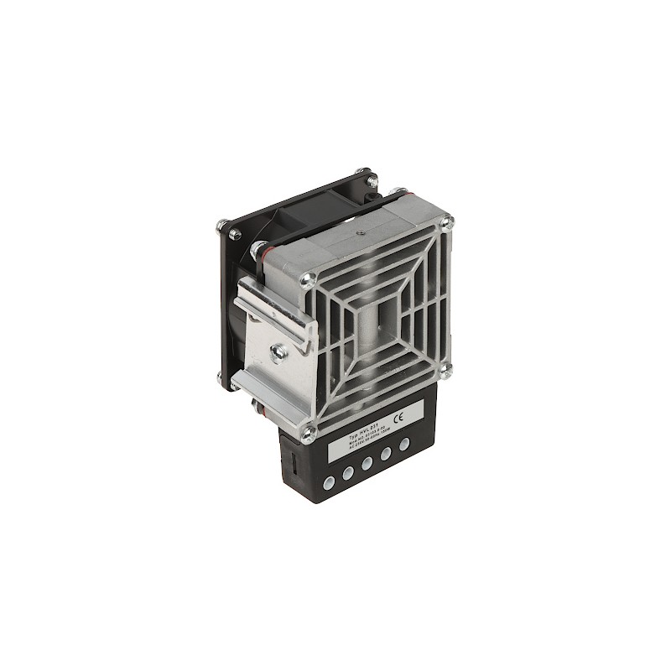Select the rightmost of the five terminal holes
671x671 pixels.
click(406, 444)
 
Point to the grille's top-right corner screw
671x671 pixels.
click(448, 222)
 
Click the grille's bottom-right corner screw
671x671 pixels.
click(449, 367)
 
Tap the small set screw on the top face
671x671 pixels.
click(358, 226)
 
